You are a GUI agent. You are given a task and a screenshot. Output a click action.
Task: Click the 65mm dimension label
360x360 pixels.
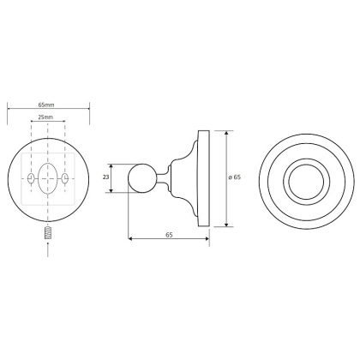pyautogui.click(x=46, y=105)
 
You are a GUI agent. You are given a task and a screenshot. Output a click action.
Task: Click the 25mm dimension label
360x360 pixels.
pyautogui.click(x=45, y=117)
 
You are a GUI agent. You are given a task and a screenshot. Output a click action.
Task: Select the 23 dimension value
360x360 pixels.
pyautogui.click(x=105, y=177)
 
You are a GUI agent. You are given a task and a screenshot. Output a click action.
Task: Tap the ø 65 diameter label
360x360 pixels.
pyautogui.click(x=235, y=177)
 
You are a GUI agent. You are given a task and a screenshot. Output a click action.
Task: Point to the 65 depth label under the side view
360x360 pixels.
pyautogui.click(x=169, y=235)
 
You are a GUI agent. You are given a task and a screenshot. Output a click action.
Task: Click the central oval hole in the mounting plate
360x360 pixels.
pyautogui.click(x=48, y=178)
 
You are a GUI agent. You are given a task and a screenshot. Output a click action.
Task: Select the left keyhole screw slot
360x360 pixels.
pyautogui.click(x=31, y=178)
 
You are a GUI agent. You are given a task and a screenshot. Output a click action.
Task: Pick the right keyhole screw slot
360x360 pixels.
pyautogui.click(x=65, y=178)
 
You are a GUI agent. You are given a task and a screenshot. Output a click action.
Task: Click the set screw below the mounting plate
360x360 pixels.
pyautogui.click(x=48, y=233)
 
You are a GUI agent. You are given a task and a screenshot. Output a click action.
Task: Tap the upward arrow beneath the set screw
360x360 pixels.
pyautogui.click(x=48, y=249)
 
